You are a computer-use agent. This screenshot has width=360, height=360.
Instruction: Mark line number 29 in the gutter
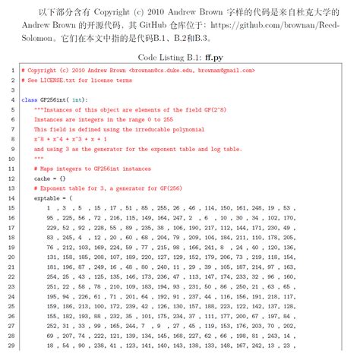(12, 346)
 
